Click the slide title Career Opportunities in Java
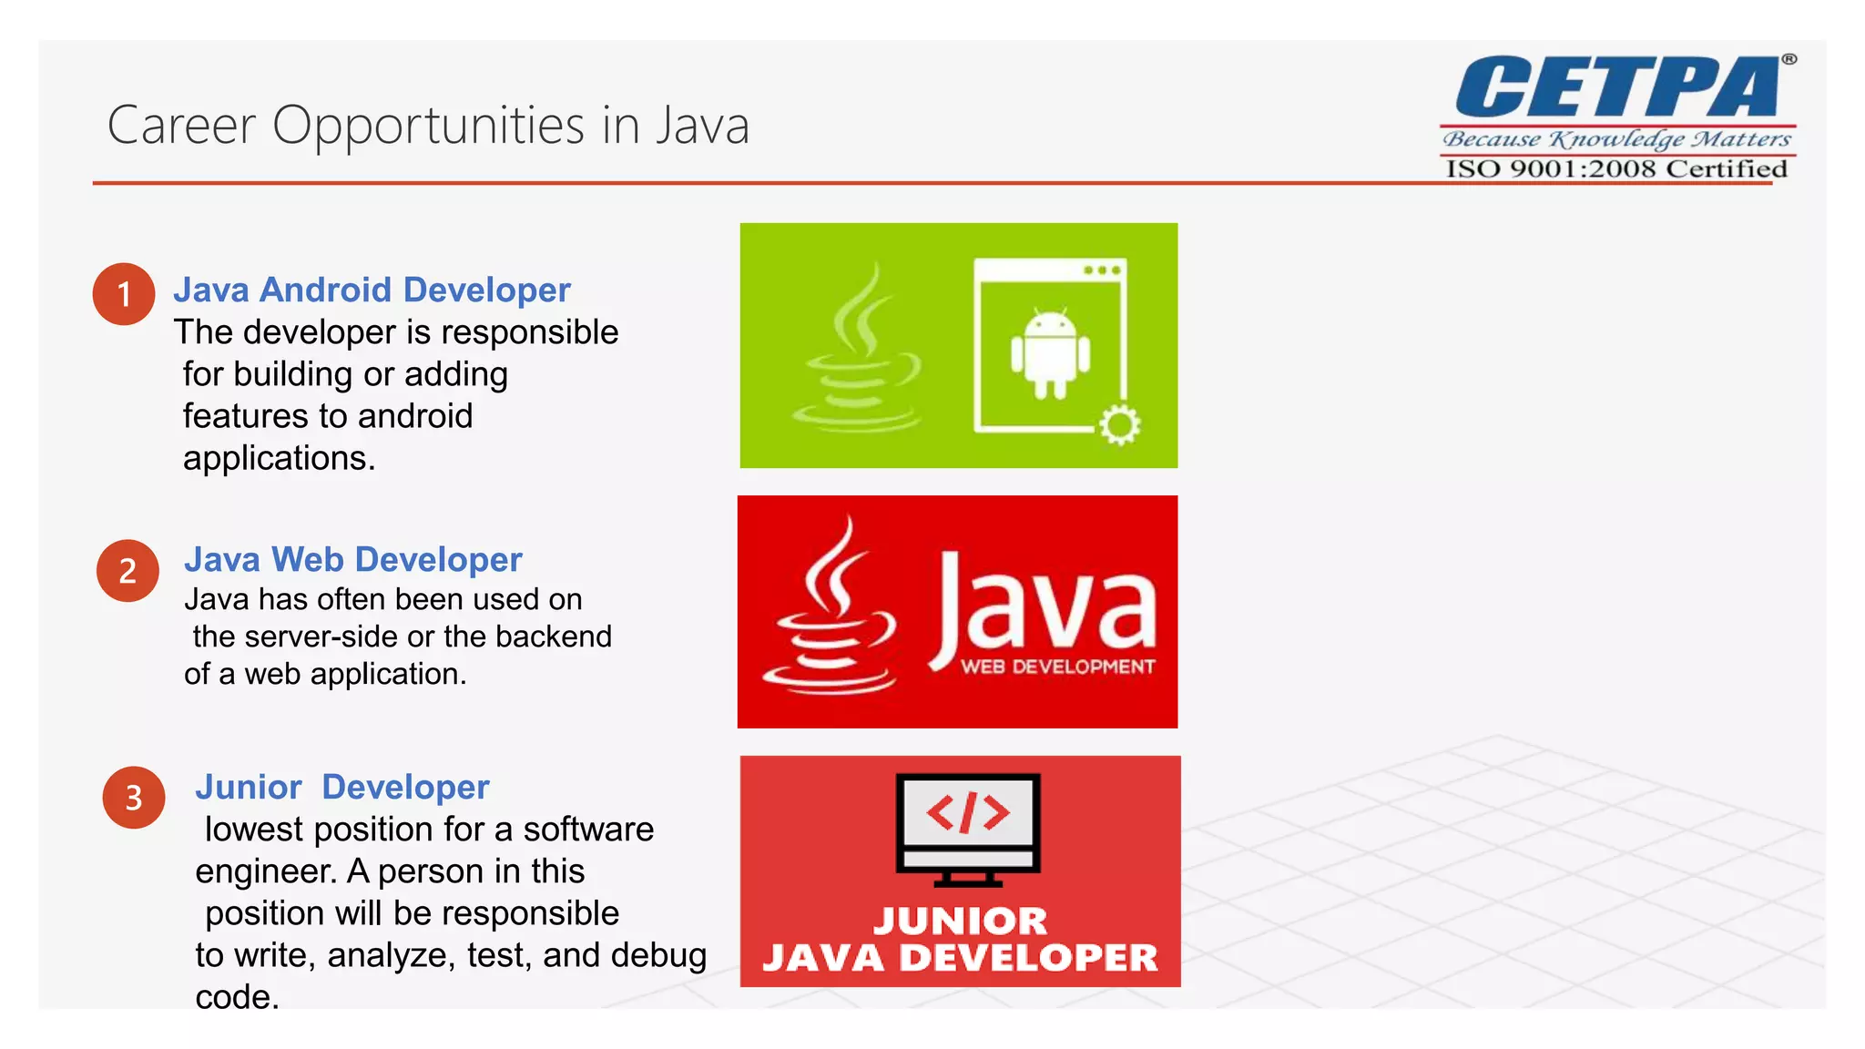click(x=428, y=126)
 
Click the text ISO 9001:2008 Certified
click(x=1616, y=169)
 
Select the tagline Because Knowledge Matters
click(x=1616, y=139)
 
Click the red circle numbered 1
click(x=124, y=294)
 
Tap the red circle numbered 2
click(x=127, y=571)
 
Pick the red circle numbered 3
click(x=134, y=798)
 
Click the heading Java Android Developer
click(x=372, y=290)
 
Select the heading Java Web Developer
click(x=352, y=559)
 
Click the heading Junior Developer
click(x=341, y=787)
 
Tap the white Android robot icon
click(x=1050, y=354)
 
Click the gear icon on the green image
click(x=1119, y=424)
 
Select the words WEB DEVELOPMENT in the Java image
click(x=1057, y=667)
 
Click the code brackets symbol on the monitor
click(x=967, y=812)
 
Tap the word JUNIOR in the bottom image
click(x=960, y=921)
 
